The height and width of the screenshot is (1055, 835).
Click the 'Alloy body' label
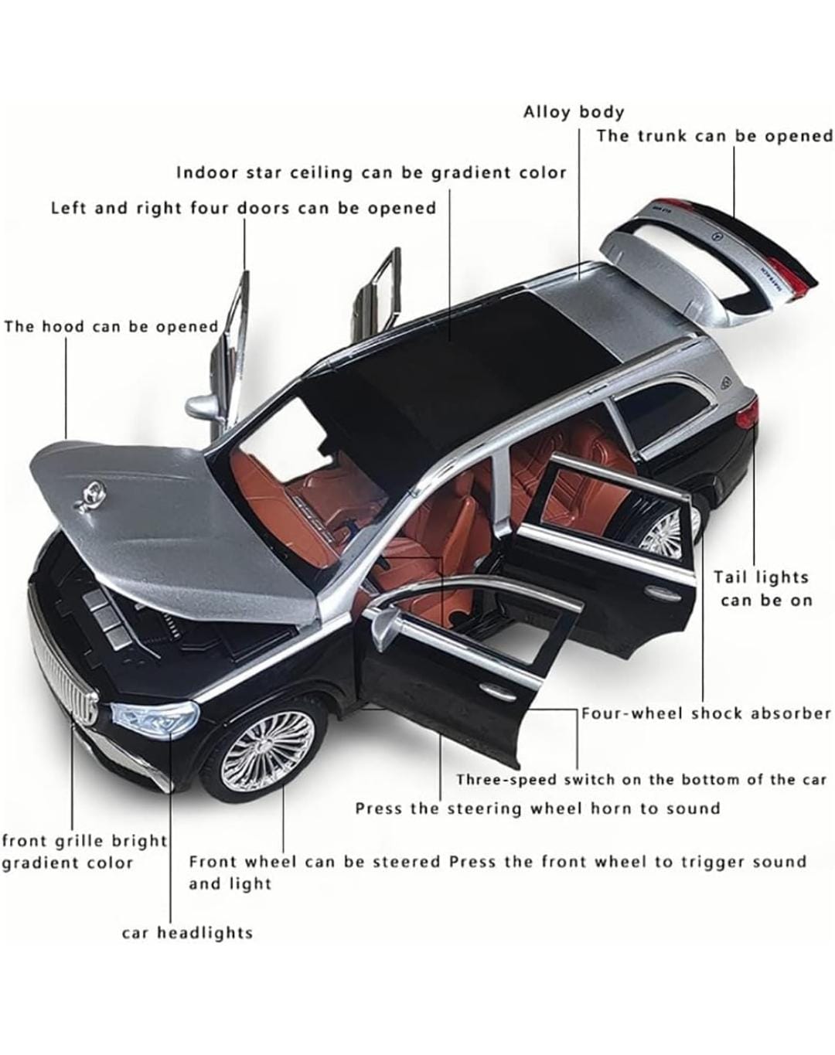574,112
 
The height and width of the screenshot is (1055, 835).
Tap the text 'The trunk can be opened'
715,136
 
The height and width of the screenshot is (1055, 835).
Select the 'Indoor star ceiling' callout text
371,172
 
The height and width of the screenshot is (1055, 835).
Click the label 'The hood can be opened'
111,326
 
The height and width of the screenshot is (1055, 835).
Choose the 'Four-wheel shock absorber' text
707,713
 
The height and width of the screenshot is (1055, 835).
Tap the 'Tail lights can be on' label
762,589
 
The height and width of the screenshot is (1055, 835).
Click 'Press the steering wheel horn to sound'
537,808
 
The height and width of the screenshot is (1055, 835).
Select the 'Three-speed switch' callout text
642,780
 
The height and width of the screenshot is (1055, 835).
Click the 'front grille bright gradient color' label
85,852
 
